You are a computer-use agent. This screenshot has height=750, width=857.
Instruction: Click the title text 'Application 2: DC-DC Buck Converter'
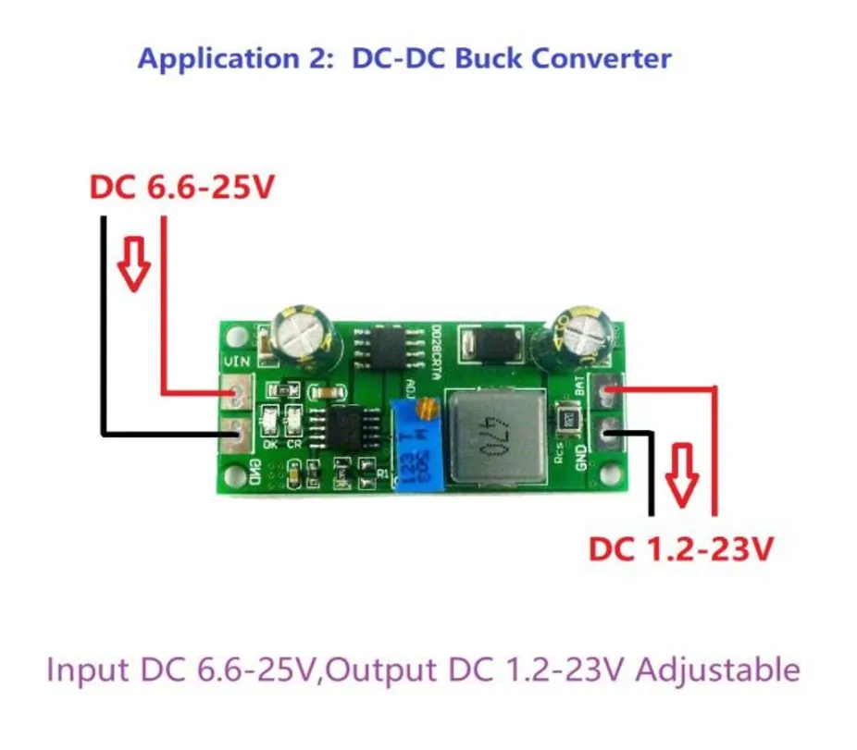[404, 58]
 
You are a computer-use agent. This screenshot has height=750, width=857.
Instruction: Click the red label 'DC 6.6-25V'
[181, 188]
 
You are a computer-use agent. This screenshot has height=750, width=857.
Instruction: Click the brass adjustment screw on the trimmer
[427, 405]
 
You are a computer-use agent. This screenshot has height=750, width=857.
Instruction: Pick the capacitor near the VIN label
[308, 339]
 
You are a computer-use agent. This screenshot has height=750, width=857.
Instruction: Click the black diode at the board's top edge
[491, 348]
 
